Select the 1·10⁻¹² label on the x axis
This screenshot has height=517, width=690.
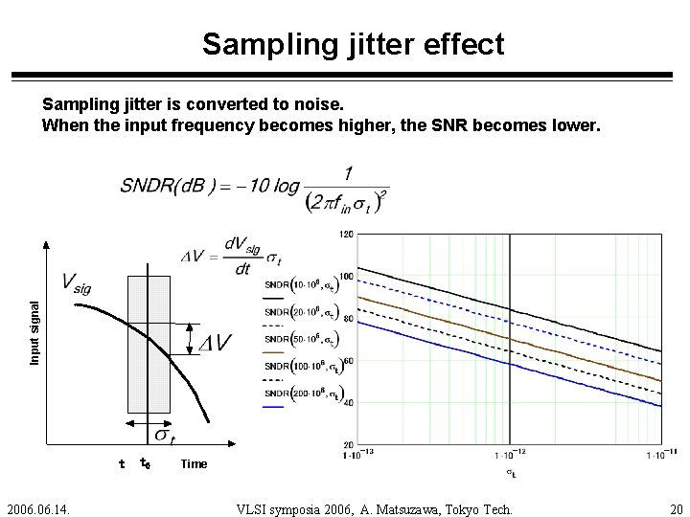pyautogui.click(x=509, y=457)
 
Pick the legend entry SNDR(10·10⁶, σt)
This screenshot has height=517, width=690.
pyautogui.click(x=300, y=286)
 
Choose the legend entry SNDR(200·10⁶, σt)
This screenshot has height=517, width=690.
pyautogui.click(x=300, y=392)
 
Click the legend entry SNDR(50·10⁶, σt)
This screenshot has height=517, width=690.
pyautogui.click(x=300, y=339)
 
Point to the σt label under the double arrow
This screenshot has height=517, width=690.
pyautogui.click(x=164, y=436)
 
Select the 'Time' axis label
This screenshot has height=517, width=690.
pyautogui.click(x=193, y=464)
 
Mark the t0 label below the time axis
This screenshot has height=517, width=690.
pyautogui.click(x=145, y=464)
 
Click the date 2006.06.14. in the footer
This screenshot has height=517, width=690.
pyautogui.click(x=42, y=507)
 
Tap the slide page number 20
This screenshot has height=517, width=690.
pyautogui.click(x=677, y=507)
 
